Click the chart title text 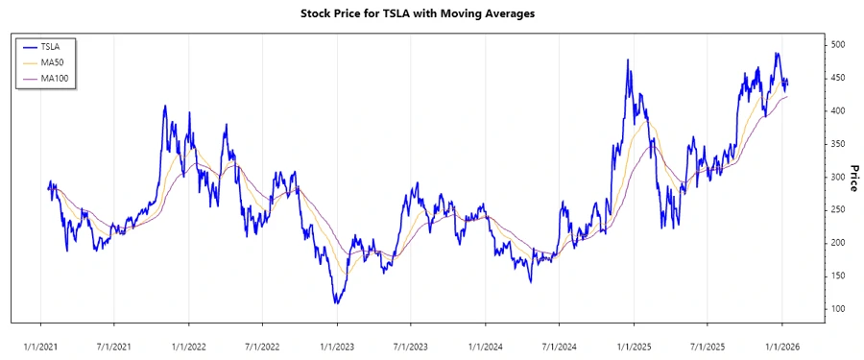pyautogui.click(x=431, y=13)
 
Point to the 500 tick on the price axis pyautogui.click(x=838, y=45)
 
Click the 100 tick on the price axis pyautogui.click(x=838, y=309)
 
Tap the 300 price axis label pyautogui.click(x=838, y=178)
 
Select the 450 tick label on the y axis pyautogui.click(x=838, y=79)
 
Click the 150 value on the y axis pyautogui.click(x=838, y=276)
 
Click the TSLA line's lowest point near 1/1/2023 pyautogui.click(x=336, y=303)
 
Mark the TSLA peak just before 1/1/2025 pyautogui.click(x=628, y=60)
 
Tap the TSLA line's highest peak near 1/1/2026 pyautogui.click(x=777, y=54)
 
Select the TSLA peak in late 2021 pyautogui.click(x=165, y=106)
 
